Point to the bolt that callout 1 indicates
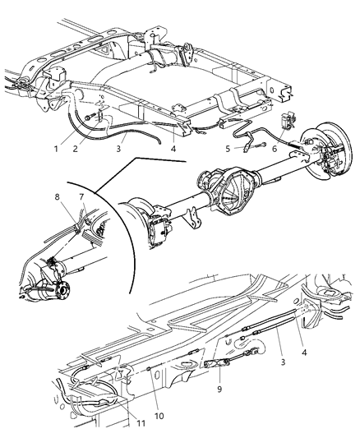85,122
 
